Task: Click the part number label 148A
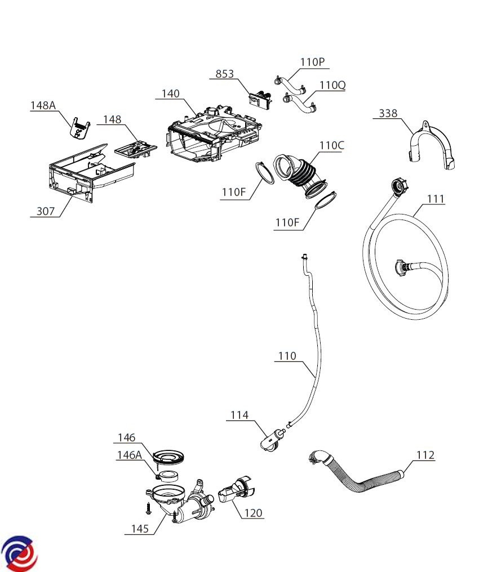click(43, 105)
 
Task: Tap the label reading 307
click(46, 211)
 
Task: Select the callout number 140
click(171, 93)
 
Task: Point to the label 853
click(224, 74)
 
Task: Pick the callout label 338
click(388, 113)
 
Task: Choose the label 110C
click(331, 145)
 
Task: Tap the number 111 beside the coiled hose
click(435, 199)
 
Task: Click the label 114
click(239, 415)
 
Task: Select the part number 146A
click(129, 455)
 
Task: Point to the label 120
click(254, 513)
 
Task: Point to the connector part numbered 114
click(271, 441)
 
